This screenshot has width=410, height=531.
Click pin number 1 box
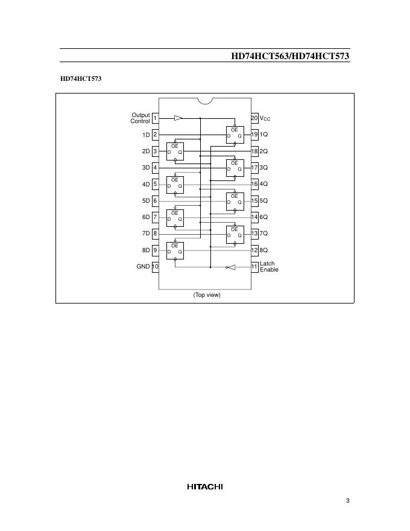tap(155, 118)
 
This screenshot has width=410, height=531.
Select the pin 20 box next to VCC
tap(254, 118)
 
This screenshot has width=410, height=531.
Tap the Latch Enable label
tap(269, 266)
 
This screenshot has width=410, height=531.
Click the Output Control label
tap(140, 118)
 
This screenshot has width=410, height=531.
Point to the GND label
tap(143, 266)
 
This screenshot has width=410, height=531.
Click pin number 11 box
tap(254, 266)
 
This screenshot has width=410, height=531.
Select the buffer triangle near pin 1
tap(178, 118)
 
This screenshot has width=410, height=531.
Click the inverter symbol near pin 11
tap(230, 267)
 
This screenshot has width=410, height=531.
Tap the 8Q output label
tap(263, 250)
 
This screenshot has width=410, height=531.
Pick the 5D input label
tap(145, 200)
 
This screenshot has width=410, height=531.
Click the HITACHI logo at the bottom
tap(204, 486)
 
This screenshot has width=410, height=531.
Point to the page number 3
tap(348, 500)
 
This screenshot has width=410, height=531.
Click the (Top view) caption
tap(207, 294)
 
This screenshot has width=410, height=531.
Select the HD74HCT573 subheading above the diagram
tap(80, 78)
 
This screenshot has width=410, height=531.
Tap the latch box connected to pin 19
tap(235, 135)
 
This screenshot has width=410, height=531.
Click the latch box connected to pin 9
tap(175, 250)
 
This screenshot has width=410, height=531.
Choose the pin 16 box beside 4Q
tap(254, 184)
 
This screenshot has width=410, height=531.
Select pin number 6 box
tap(155, 200)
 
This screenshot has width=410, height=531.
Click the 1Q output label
tap(263, 135)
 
